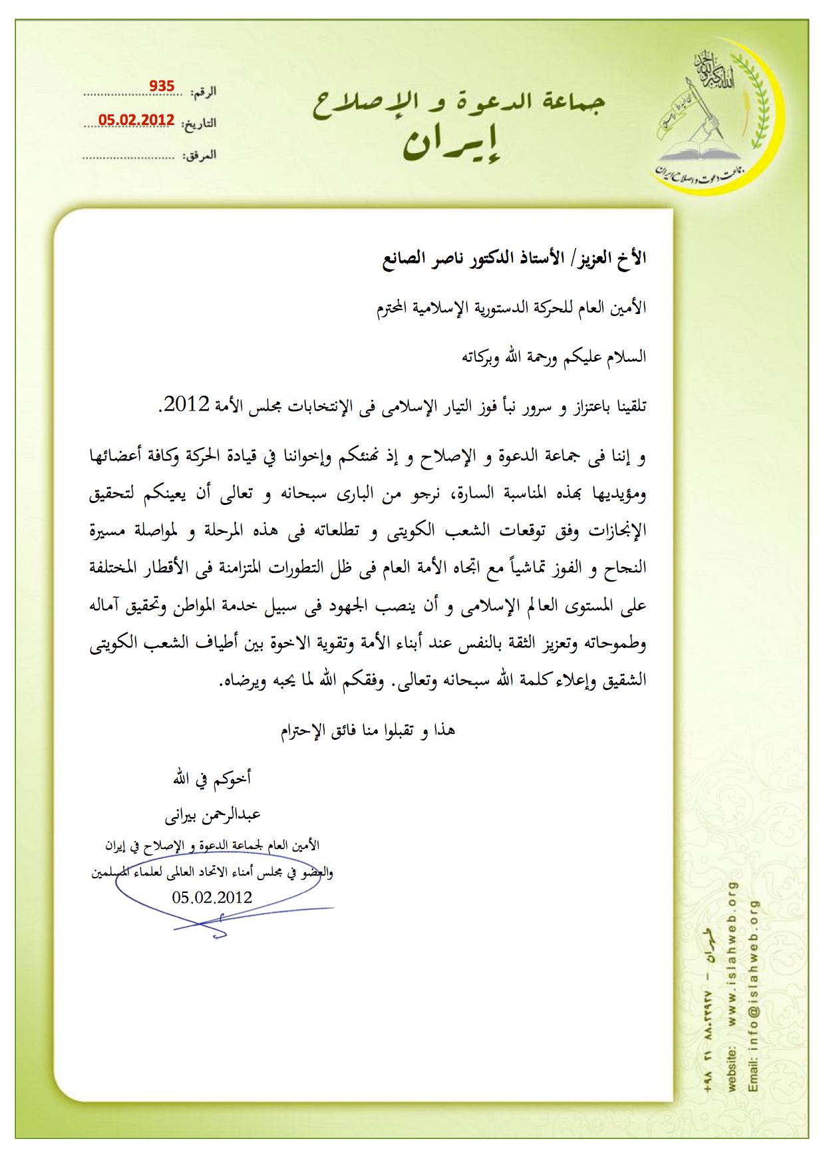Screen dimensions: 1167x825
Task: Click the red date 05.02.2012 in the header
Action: click(136, 120)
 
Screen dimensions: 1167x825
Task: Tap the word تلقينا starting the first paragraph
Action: click(626, 405)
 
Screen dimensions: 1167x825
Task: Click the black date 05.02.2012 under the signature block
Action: click(212, 897)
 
